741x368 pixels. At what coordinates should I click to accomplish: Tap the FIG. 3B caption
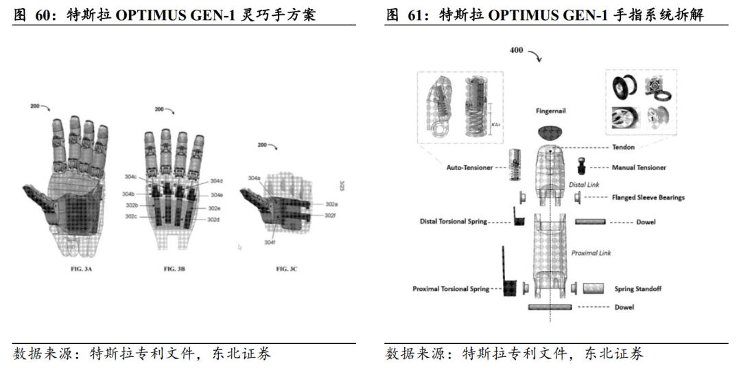coord(174,269)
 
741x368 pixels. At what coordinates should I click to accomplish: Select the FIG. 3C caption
coord(286,269)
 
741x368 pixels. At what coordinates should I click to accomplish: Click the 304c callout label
coord(130,177)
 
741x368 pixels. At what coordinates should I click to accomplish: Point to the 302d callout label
coord(213,219)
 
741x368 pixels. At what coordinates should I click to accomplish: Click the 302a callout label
coord(331,205)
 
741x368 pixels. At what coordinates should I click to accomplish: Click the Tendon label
coord(623,147)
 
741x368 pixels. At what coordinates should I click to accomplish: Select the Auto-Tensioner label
coord(470,167)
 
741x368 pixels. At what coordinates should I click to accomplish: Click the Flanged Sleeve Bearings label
coord(648,198)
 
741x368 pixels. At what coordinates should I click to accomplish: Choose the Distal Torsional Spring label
coord(454,222)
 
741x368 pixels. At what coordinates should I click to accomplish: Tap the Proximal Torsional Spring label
coord(451,289)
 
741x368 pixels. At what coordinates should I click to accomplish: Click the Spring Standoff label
coord(637,289)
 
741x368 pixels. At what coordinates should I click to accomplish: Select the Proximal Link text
coord(591,253)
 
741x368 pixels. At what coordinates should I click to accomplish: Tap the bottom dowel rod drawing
coord(550,307)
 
